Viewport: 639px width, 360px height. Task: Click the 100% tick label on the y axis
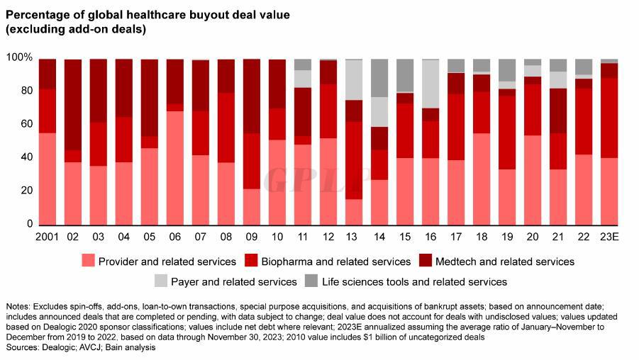(18, 57)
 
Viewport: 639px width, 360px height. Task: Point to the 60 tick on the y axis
(25, 124)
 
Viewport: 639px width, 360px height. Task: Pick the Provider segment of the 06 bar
(175, 168)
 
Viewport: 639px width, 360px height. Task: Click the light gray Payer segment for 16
(430, 84)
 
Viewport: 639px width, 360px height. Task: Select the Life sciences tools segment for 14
(379, 78)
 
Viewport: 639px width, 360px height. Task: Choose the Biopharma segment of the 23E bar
(609, 118)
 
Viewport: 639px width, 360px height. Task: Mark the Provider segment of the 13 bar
(354, 212)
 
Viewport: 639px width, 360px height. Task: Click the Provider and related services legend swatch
(89, 261)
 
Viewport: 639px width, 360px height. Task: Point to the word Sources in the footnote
(21, 349)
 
